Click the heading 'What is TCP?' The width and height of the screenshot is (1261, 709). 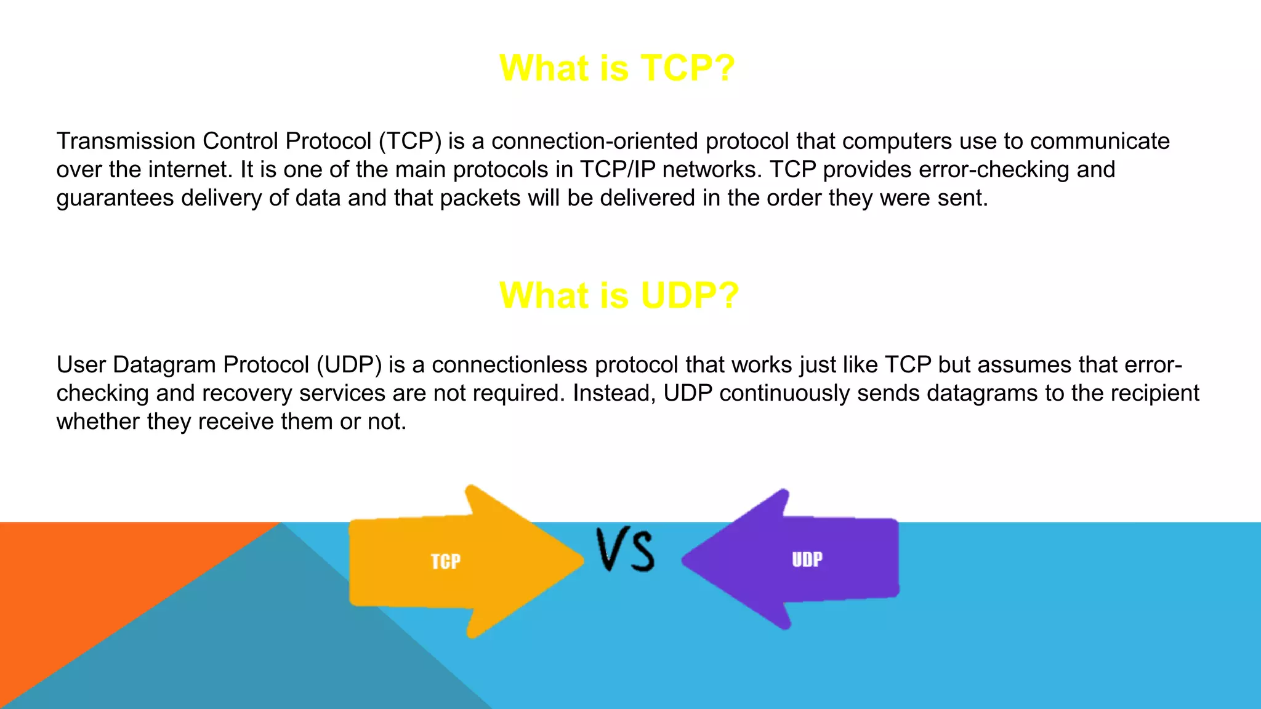(617, 68)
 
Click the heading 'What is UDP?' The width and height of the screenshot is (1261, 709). (618, 295)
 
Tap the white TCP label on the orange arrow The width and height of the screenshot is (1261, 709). (445, 561)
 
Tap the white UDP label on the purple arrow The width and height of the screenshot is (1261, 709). (807, 559)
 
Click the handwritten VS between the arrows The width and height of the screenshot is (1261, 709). (625, 549)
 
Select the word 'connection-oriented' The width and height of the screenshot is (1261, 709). (594, 142)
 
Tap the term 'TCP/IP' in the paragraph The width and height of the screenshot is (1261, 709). (618, 170)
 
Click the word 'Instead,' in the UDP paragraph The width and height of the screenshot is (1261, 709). (614, 393)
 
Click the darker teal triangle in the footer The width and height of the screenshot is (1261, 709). (277, 646)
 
